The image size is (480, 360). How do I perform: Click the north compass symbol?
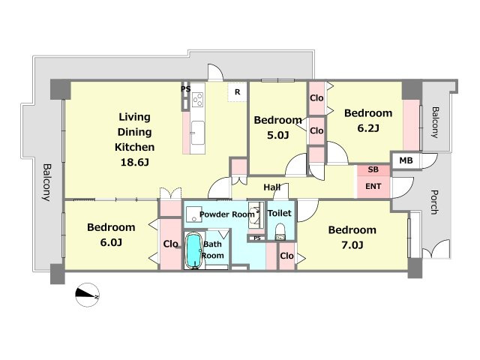click(x=87, y=295)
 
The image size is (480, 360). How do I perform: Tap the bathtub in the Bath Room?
click(x=193, y=250)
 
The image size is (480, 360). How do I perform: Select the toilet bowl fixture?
click(x=280, y=232)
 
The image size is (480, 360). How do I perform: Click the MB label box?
click(x=406, y=160)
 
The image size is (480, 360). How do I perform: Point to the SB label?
click(x=373, y=169)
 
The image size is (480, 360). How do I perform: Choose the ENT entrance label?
click(x=373, y=186)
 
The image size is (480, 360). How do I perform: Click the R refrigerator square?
click(x=237, y=91)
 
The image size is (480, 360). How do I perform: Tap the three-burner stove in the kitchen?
click(x=197, y=99)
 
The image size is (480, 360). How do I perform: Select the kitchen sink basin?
click(x=198, y=133)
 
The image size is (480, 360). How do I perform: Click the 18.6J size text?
click(x=135, y=162)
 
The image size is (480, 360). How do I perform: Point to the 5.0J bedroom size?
click(x=277, y=135)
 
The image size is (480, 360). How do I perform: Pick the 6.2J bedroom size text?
click(x=368, y=128)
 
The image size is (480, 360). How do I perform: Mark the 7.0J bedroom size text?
click(x=352, y=245)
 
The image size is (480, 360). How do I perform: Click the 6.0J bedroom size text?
click(x=111, y=242)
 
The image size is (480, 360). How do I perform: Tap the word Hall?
click(x=272, y=187)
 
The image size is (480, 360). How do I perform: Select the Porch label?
click(x=434, y=202)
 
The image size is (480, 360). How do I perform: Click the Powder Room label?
click(x=226, y=214)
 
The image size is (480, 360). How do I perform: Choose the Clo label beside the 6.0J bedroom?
click(x=170, y=244)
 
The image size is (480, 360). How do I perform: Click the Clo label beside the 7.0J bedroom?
click(x=286, y=256)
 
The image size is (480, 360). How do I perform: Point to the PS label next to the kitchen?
click(x=186, y=89)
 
